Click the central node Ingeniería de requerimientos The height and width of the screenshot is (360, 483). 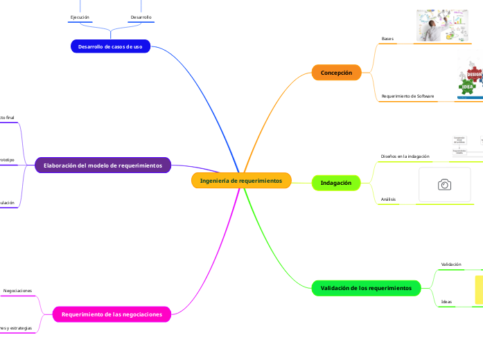tap(241, 181)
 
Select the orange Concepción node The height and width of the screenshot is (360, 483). tap(336, 73)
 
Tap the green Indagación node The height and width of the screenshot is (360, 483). tap(336, 183)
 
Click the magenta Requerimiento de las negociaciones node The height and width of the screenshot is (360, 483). tap(112, 314)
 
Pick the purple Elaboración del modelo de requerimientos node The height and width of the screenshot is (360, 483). tap(103, 165)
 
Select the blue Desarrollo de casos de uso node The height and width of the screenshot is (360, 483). tap(110, 46)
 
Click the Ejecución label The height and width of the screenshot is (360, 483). tap(80, 17)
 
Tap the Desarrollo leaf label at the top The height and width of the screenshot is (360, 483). tap(141, 17)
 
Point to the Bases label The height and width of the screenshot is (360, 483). tap(387, 39)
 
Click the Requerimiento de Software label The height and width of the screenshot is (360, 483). tap(407, 96)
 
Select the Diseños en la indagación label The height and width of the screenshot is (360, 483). tap(405, 156)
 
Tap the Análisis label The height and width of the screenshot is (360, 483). tap(388, 199)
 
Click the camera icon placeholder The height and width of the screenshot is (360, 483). tap(445, 184)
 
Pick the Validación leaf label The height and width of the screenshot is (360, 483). tap(451, 264)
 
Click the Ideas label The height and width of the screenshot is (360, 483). tap(446, 302)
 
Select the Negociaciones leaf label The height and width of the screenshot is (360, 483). tap(17, 291)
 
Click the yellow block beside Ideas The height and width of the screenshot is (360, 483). tap(478, 289)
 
